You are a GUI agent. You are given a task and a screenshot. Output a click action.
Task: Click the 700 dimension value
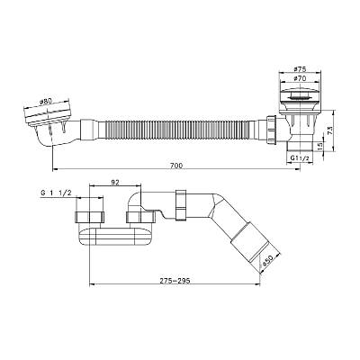click(176, 166)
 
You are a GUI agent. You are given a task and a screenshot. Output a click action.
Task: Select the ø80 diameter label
click(45, 102)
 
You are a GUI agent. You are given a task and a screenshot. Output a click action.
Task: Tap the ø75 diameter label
click(300, 69)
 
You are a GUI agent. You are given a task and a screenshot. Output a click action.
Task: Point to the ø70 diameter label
click(300, 78)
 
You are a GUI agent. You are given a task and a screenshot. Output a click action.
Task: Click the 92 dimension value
click(115, 183)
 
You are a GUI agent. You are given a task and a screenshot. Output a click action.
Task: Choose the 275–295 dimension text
click(175, 281)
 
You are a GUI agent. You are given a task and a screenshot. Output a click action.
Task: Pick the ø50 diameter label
click(266, 260)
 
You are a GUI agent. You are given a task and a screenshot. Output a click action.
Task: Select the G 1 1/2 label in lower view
click(56, 193)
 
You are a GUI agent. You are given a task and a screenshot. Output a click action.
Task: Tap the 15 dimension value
click(319, 146)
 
